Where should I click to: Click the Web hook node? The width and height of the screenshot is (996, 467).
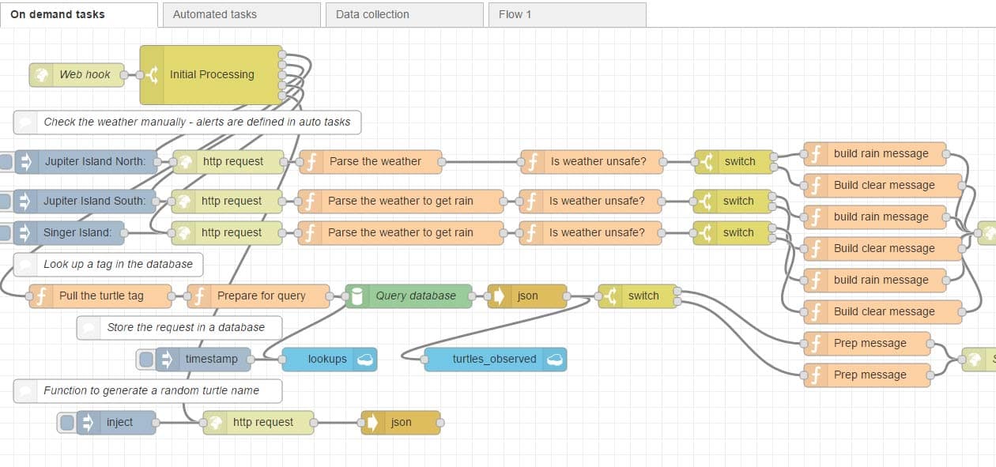[x=77, y=74]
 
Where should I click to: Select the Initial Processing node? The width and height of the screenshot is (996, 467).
[x=211, y=74]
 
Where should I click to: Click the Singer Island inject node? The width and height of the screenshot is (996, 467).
[x=71, y=232]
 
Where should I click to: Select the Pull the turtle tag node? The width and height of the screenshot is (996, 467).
[x=100, y=296]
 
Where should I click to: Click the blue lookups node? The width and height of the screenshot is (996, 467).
[x=329, y=359]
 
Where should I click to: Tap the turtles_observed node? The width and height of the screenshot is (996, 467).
[x=495, y=359]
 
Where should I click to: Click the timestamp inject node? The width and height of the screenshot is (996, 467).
[x=203, y=359]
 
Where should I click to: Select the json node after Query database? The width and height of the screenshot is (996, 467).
[x=527, y=296]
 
